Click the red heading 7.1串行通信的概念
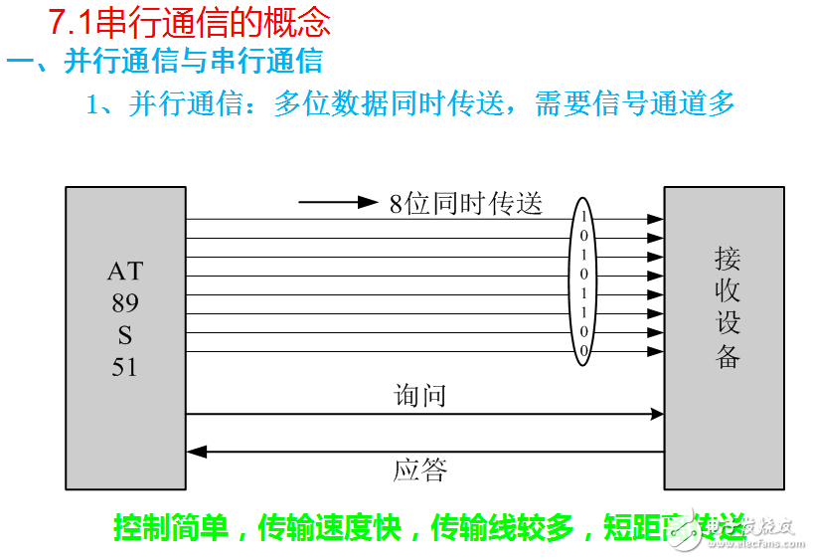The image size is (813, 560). click(190, 22)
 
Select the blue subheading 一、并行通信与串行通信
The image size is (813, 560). click(165, 61)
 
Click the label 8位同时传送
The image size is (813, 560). click(466, 204)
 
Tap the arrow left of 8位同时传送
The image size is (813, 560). click(338, 203)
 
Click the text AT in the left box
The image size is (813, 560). click(125, 271)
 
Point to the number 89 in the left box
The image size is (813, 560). click(125, 302)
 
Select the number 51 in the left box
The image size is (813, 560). click(125, 367)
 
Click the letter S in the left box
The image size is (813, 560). click(125, 335)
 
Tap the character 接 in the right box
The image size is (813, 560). click(728, 260)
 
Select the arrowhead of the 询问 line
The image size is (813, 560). click(656, 414)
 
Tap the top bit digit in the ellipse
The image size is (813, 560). click(584, 217)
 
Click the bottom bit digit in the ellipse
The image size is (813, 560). click(584, 351)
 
